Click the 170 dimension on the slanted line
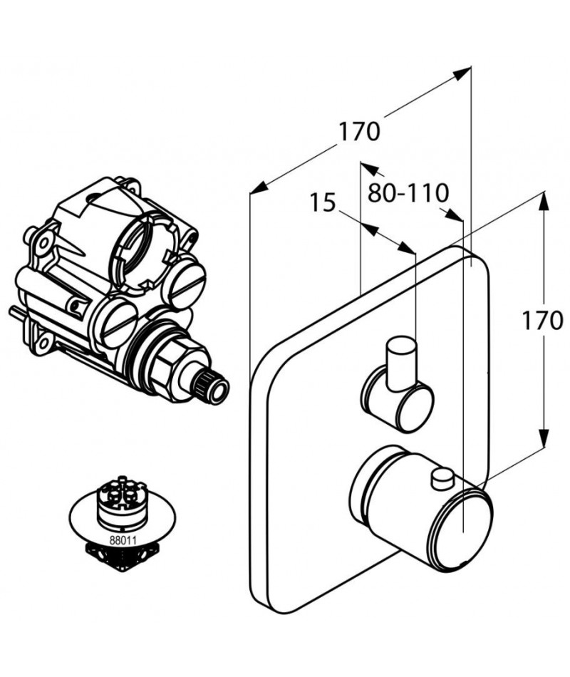[359, 131]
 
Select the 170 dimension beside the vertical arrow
[543, 320]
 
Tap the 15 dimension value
[323, 202]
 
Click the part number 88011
[123, 539]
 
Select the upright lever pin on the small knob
[402, 363]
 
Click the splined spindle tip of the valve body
[213, 386]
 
